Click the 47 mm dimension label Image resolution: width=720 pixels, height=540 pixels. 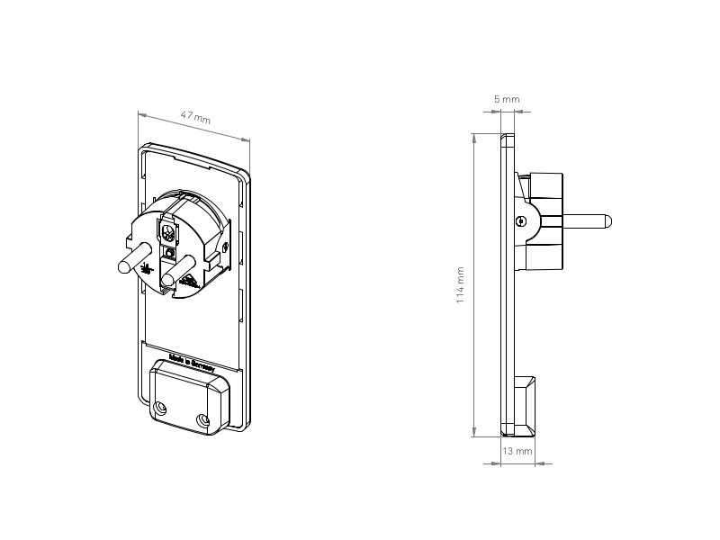[195, 117]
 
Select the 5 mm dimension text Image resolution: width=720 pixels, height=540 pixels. [507, 99]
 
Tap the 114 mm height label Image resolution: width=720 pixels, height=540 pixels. [461, 284]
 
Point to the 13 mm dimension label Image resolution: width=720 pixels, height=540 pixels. [517, 450]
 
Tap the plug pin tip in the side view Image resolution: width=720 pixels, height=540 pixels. [609, 220]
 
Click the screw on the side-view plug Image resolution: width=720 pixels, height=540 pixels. [521, 220]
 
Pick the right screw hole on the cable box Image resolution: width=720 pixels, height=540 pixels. [202, 420]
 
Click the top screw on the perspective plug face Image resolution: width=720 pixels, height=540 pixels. [167, 232]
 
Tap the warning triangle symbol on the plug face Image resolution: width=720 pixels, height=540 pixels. [191, 279]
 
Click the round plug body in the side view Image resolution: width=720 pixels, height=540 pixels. [543, 221]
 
